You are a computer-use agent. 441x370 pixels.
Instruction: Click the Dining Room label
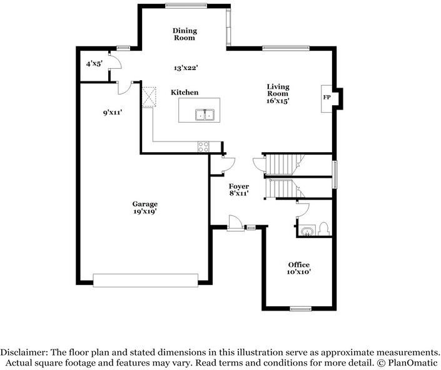point(185,34)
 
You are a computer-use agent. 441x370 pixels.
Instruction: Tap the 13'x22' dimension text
point(186,68)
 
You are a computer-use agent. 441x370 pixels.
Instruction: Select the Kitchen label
point(185,93)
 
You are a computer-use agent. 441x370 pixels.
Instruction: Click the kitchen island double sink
point(205,115)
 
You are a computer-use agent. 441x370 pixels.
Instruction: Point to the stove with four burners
point(204,147)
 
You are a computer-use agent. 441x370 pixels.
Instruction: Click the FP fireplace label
point(327,98)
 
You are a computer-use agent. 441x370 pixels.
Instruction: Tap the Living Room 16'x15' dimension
point(278,101)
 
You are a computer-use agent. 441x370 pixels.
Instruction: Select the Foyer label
point(238,186)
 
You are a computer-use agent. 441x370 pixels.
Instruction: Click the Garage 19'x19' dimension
point(145,211)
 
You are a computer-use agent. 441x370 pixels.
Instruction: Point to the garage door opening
point(145,280)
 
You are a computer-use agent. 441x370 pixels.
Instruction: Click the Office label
point(298,265)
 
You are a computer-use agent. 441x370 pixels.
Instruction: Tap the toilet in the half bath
point(324,229)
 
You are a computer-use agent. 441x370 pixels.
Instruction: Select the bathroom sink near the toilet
point(307,231)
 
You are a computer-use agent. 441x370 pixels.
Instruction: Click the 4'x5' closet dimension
point(94,64)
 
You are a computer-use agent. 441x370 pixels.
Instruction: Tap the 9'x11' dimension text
point(112,113)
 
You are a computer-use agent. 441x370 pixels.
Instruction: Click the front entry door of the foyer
point(235,224)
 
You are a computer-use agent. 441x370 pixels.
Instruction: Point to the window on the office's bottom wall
point(301,309)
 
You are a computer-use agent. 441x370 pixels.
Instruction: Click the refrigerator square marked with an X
point(148,97)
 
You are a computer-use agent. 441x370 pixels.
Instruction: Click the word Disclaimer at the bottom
point(23,352)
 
